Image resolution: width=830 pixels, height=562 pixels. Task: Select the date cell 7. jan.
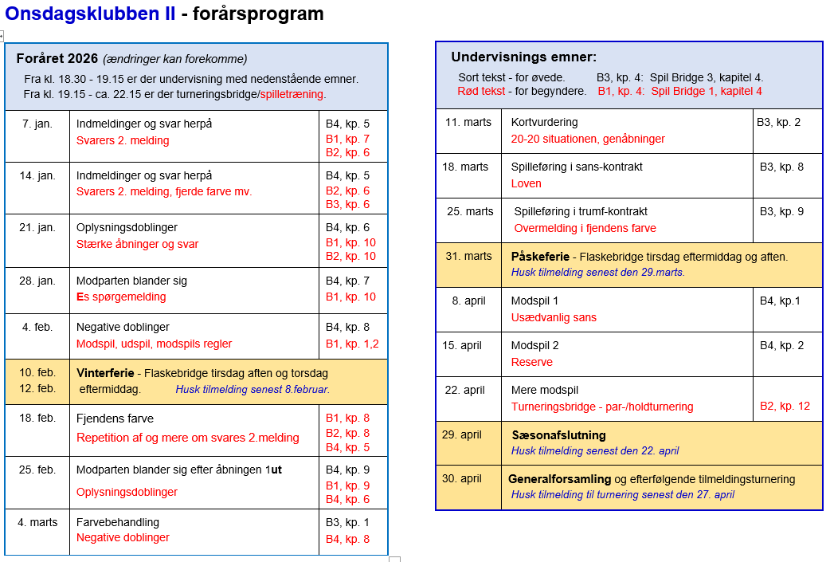pyautogui.click(x=38, y=124)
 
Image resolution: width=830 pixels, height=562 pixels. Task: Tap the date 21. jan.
pyautogui.click(x=38, y=227)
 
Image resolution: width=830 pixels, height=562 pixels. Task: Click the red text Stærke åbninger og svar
pyautogui.click(x=137, y=244)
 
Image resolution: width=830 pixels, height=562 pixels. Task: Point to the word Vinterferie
pyautogui.click(x=105, y=373)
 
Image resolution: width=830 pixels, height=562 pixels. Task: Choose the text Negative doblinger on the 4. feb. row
pyautogui.click(x=123, y=327)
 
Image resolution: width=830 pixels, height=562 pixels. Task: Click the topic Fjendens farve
pyautogui.click(x=115, y=419)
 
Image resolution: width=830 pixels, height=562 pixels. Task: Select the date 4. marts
pyautogui.click(x=38, y=522)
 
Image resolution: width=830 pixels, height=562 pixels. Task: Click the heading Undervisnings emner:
pyautogui.click(x=523, y=57)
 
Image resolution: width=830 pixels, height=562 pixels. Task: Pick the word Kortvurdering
pyautogui.click(x=544, y=122)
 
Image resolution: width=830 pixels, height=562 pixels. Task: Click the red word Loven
pyautogui.click(x=526, y=183)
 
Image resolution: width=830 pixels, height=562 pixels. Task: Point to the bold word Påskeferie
pyautogui.click(x=540, y=257)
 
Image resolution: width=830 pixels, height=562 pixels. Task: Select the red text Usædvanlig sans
pyautogui.click(x=554, y=317)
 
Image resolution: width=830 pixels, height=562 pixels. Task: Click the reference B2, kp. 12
pyautogui.click(x=785, y=406)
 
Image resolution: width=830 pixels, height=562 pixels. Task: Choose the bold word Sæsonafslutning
pyautogui.click(x=558, y=435)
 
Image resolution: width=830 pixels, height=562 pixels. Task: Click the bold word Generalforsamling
pyautogui.click(x=559, y=479)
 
